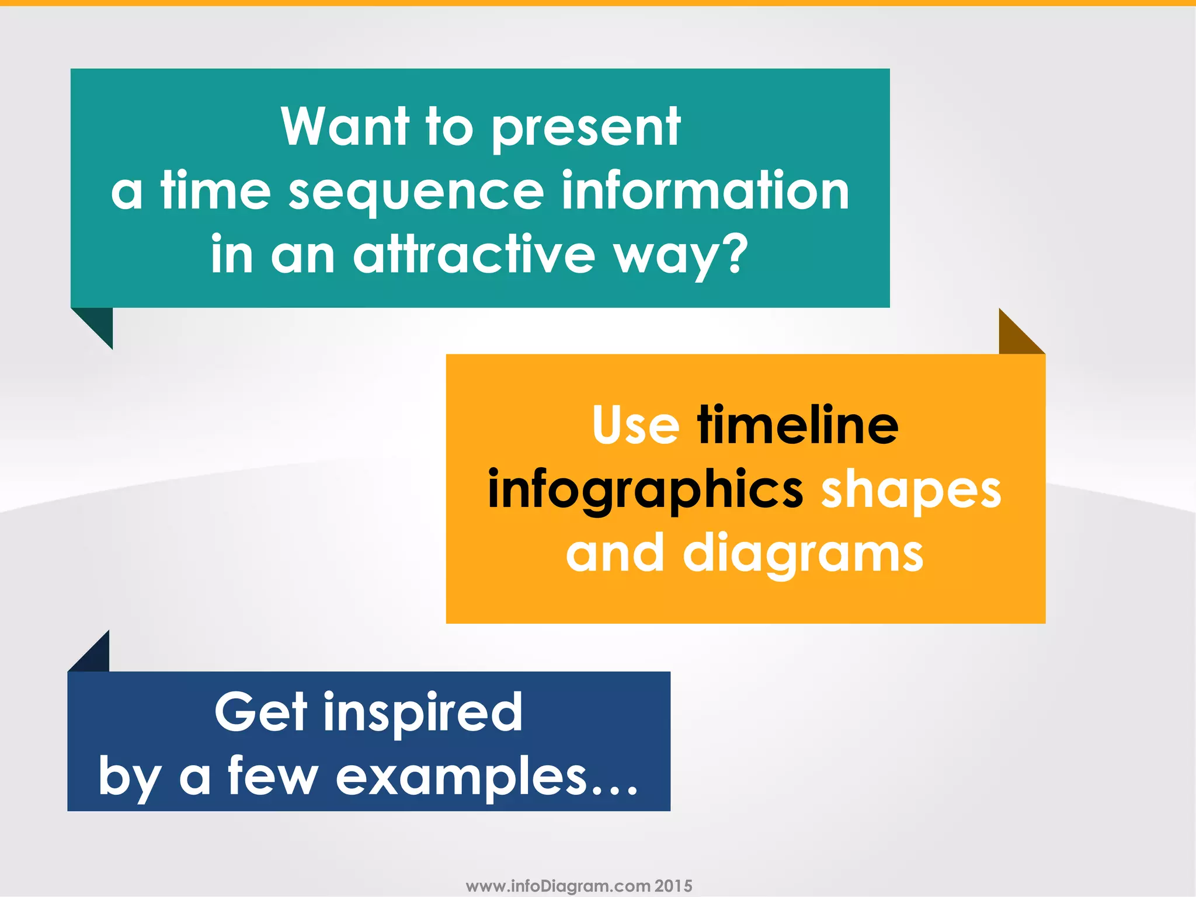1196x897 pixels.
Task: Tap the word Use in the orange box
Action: pyautogui.click(x=635, y=425)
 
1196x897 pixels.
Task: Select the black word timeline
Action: pyautogui.click(x=798, y=425)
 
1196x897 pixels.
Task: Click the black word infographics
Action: pyautogui.click(x=645, y=491)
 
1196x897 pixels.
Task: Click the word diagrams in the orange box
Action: pyautogui.click(x=803, y=555)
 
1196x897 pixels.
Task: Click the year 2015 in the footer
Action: pyautogui.click(x=673, y=886)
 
